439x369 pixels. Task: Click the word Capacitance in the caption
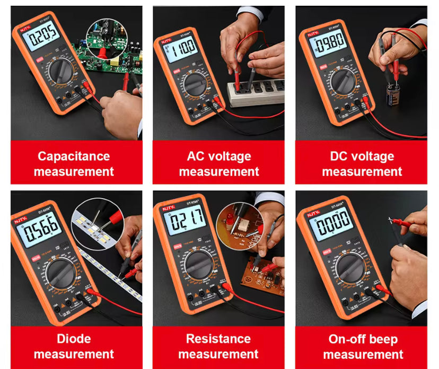(x=74, y=156)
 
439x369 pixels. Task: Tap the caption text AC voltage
(x=218, y=156)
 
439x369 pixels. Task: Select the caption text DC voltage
(x=362, y=156)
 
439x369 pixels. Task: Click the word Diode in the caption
(x=74, y=339)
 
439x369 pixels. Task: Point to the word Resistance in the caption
(x=218, y=339)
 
